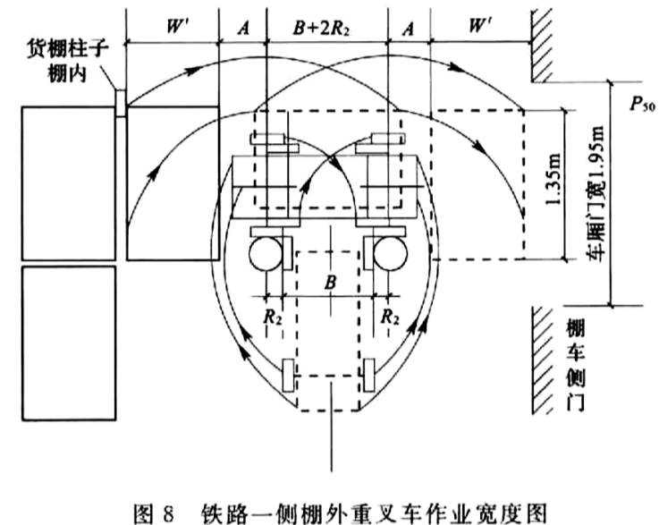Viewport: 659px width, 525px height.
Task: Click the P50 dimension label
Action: pos(643,104)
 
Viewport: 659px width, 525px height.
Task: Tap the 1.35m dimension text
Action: pos(553,178)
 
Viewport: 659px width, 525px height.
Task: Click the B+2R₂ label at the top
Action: pos(321,29)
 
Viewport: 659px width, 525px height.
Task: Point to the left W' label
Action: pos(173,27)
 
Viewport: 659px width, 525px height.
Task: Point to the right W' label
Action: pos(477,27)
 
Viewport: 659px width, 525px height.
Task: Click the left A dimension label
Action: pos(243,28)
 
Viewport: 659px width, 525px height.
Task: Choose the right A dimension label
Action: pos(408,28)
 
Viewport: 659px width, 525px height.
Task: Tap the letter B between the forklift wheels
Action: pos(330,282)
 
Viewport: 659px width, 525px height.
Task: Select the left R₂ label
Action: pos(273,317)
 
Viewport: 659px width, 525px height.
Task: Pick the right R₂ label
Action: pos(390,317)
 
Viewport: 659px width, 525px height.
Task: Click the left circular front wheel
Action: pos(266,254)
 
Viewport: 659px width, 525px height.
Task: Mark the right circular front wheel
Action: pos(391,254)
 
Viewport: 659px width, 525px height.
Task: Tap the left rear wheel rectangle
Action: pos(288,376)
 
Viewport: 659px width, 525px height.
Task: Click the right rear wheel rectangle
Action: pos(369,376)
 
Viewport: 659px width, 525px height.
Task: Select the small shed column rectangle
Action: pos(121,103)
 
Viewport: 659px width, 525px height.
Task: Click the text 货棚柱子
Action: pos(68,49)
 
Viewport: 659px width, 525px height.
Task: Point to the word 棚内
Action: pos(68,73)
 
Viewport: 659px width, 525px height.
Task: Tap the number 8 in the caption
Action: pos(167,513)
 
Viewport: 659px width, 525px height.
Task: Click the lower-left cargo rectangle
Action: pos(69,343)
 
